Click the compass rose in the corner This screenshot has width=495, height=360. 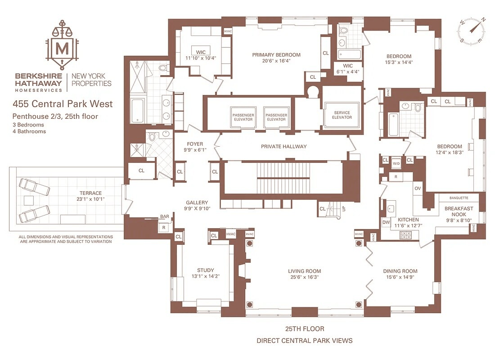(x=471, y=31)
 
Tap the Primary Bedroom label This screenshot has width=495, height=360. (x=276, y=55)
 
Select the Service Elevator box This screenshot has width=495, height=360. (x=342, y=115)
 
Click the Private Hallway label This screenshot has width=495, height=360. (x=284, y=147)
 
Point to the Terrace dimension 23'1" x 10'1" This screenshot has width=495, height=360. (x=90, y=199)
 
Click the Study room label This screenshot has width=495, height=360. (x=206, y=270)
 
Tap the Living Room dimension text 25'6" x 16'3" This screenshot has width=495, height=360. (x=304, y=277)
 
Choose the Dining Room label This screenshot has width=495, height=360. (x=400, y=271)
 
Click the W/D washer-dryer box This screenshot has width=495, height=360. (x=396, y=164)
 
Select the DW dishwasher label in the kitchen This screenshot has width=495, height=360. (x=386, y=222)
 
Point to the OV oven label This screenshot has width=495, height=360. (x=418, y=189)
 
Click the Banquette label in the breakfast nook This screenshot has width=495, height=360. (x=459, y=198)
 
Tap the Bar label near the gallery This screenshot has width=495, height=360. (x=164, y=216)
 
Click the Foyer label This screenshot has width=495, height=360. (x=195, y=144)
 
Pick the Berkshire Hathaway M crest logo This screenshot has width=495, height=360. (x=63, y=45)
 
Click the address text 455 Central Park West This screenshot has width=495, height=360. (x=63, y=104)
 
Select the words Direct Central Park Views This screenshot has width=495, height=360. (x=304, y=341)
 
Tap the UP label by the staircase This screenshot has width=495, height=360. (x=344, y=209)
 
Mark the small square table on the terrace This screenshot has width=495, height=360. (x=29, y=201)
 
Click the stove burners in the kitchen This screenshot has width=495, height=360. (x=405, y=235)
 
